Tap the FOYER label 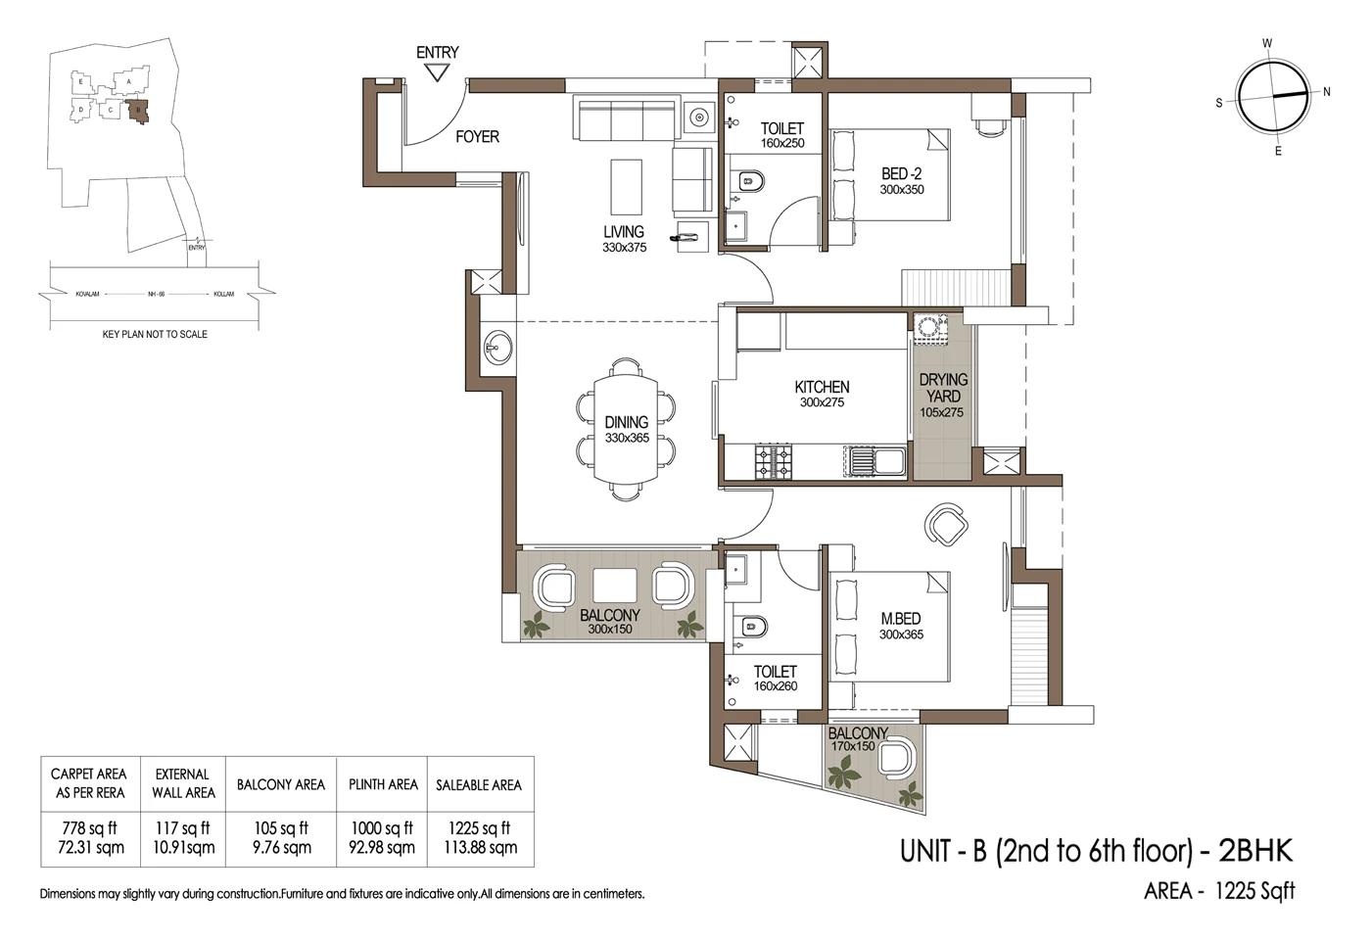tap(477, 137)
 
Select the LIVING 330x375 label tap(624, 239)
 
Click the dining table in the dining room tap(626, 429)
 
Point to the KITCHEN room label tap(822, 394)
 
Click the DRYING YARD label tap(942, 395)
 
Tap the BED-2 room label tap(901, 181)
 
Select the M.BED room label tap(900, 626)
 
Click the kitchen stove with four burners tap(773, 461)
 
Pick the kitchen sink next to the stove tap(876, 461)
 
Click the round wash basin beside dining tap(496, 347)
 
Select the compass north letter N tap(1327, 92)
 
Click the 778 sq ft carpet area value tap(89, 828)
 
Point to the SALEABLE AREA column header tap(479, 784)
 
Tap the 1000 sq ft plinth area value tap(382, 828)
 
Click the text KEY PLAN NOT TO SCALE tap(155, 334)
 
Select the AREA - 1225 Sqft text tap(1219, 891)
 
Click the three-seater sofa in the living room tap(626, 119)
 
